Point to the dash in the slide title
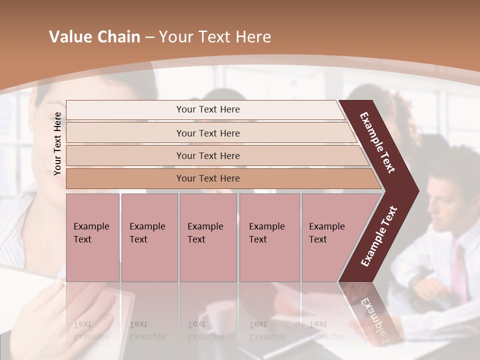click(x=149, y=37)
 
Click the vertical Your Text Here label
click(x=57, y=143)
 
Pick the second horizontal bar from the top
click(x=208, y=133)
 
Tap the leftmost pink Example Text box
click(x=92, y=237)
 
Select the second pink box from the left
click(x=149, y=237)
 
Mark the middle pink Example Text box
click(x=208, y=237)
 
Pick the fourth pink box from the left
click(x=269, y=237)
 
